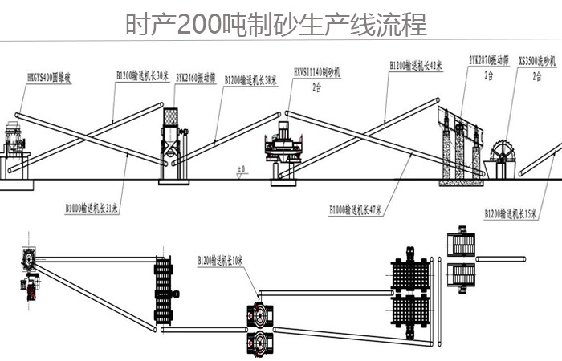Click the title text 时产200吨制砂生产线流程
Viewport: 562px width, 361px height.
click(x=276, y=25)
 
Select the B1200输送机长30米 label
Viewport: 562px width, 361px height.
click(x=142, y=75)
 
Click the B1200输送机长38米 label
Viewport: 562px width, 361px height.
click(x=250, y=79)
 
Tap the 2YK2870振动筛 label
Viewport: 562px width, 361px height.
click(x=488, y=59)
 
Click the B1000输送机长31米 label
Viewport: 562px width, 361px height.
click(x=92, y=208)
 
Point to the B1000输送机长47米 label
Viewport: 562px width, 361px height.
click(x=355, y=210)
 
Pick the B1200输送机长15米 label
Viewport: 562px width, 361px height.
click(x=511, y=213)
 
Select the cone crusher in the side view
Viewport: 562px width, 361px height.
click(x=14, y=144)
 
